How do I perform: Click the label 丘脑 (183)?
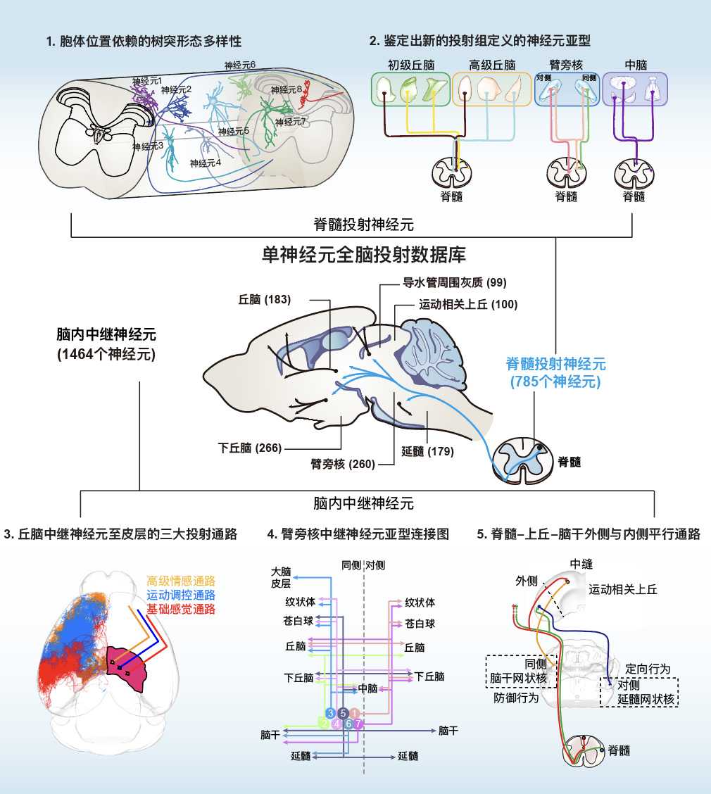(265, 300)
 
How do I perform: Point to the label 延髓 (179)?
(427, 451)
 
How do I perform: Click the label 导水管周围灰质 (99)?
(454, 283)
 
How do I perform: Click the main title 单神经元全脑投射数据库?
(364, 254)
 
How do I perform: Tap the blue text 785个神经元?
(555, 382)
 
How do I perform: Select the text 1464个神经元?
(106, 354)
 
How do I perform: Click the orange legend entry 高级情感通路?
(181, 581)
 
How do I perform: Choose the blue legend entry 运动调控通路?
(181, 595)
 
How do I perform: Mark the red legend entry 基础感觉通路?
(181, 609)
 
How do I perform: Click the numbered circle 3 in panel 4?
(330, 713)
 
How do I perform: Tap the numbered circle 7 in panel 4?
(358, 723)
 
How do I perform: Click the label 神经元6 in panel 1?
(239, 65)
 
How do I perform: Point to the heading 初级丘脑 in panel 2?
(408, 65)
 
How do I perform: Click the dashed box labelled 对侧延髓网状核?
(639, 692)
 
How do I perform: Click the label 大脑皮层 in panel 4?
(281, 577)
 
